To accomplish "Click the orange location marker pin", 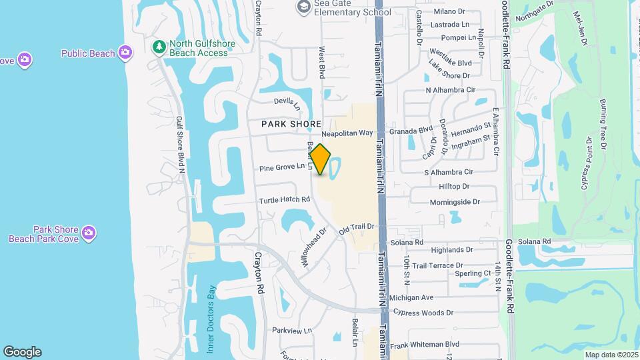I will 321,159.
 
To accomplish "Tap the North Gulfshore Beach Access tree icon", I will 159,46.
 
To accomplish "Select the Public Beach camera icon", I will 125,52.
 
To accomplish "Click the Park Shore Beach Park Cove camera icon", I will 89,233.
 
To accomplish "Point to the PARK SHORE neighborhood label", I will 291,124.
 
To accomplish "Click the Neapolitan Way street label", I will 347,133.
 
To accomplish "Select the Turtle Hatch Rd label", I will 285,199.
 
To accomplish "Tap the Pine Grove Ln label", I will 282,166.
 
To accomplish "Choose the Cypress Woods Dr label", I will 423,312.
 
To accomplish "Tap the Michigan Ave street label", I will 411,297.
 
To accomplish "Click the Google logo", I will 22,352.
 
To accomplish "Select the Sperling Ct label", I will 473,273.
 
